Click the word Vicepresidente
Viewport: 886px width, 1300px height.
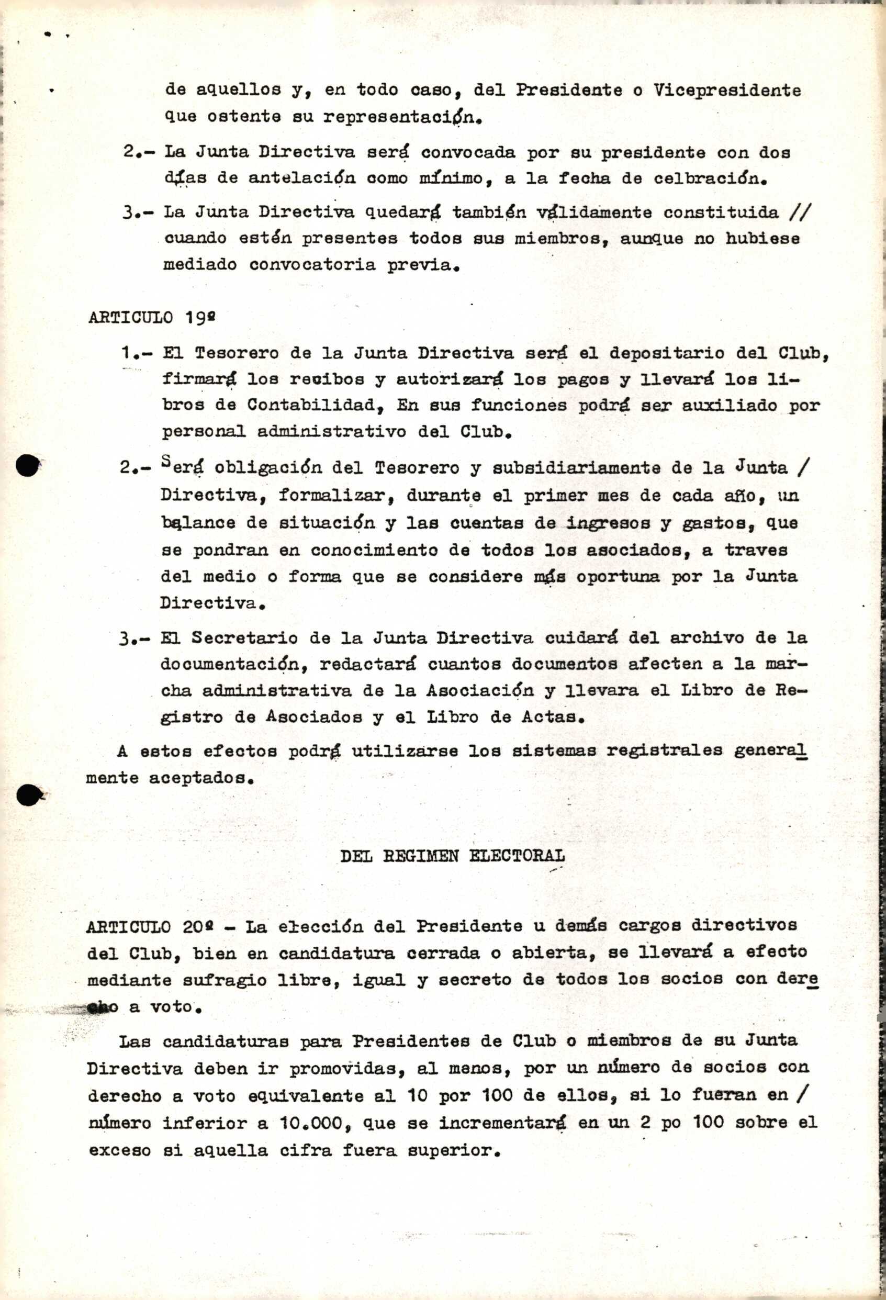(726, 91)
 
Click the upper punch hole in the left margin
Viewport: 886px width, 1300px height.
(27, 465)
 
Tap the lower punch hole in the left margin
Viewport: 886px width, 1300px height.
(28, 795)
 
